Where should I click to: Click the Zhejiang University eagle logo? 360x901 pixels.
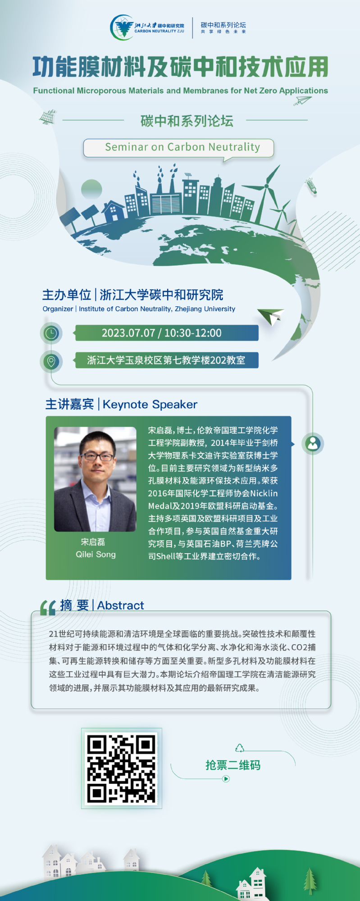(123, 27)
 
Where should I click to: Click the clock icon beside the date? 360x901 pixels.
(51, 333)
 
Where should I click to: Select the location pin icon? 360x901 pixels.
(51, 361)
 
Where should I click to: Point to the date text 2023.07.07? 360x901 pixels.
(128, 333)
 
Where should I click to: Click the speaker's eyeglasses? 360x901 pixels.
(96, 456)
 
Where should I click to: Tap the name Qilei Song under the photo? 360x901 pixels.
(96, 555)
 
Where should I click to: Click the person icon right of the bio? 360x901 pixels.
(313, 444)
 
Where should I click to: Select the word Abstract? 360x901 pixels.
(120, 605)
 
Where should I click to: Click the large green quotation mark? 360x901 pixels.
(48, 608)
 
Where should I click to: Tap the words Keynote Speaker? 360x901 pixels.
(150, 405)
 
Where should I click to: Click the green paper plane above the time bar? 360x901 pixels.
(271, 316)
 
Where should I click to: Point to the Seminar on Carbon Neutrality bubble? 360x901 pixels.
(178, 148)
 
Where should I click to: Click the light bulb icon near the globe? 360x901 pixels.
(311, 186)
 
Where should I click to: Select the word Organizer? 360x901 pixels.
(58, 309)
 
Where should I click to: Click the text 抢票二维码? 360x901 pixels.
(233, 765)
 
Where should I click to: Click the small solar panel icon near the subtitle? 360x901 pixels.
(48, 117)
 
